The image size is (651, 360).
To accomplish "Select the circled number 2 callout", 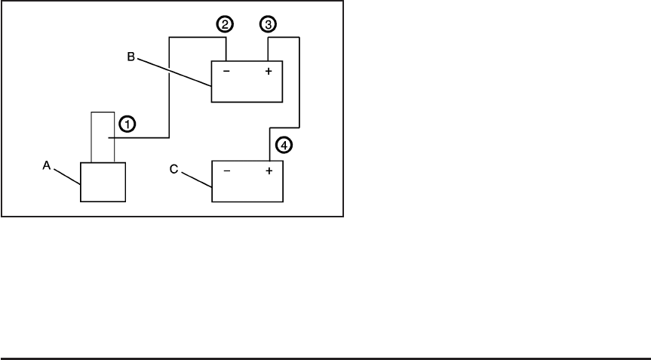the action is [224, 24].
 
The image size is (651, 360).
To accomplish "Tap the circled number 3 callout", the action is [267, 24].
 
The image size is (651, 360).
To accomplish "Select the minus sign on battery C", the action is [227, 171].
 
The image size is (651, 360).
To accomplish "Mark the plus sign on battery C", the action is [267, 171].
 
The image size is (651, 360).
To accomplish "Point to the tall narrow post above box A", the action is [103, 137].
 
